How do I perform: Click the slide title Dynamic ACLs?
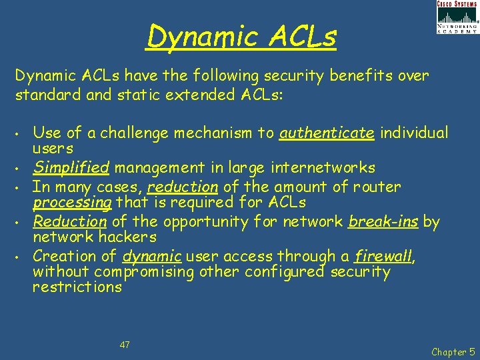tap(241, 36)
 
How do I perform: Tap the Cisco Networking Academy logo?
tap(457, 17)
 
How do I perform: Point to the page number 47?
tap(125, 345)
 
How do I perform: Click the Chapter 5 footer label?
tap(453, 351)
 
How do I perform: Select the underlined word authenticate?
tap(327, 133)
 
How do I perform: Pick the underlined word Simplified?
tap(70, 167)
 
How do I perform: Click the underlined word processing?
tap(73, 202)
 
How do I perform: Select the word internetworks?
tap(326, 167)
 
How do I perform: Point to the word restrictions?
tap(77, 287)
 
